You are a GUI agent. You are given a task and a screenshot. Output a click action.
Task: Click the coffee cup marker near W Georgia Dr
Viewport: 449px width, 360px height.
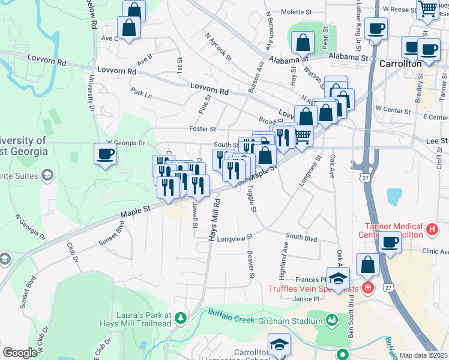(105, 154)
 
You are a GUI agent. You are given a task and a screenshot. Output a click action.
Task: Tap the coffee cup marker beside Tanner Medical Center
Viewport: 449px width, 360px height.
(390, 242)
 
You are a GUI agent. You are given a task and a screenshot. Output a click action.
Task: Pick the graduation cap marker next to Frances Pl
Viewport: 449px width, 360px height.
(339, 278)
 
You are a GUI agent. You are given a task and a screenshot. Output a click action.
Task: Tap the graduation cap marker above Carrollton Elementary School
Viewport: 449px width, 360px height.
(279, 344)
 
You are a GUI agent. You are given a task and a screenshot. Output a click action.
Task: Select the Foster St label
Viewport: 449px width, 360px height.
(202, 128)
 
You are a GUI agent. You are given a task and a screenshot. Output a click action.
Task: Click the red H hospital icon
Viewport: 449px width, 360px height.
(430, 229)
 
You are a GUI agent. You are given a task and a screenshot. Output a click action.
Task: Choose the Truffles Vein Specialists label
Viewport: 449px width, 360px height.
(313, 289)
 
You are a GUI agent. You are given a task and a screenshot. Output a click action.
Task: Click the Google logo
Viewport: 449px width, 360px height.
(19, 352)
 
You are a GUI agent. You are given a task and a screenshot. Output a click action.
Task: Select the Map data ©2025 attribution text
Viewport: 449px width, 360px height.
(423, 355)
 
